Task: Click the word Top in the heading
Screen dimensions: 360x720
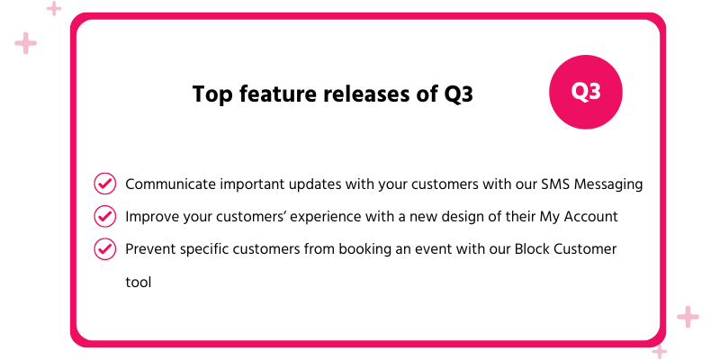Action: click(211, 94)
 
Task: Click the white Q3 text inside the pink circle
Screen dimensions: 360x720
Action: click(587, 92)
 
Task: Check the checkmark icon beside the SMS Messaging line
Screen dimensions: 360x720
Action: click(105, 184)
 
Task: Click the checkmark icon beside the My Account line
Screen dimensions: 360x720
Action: click(105, 216)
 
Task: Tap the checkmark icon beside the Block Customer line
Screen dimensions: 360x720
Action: click(105, 248)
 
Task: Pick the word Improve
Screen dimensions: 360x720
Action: click(149, 217)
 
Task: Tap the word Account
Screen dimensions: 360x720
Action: click(591, 217)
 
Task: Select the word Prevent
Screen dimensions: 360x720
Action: click(148, 249)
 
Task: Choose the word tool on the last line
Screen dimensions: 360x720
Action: click(138, 282)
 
